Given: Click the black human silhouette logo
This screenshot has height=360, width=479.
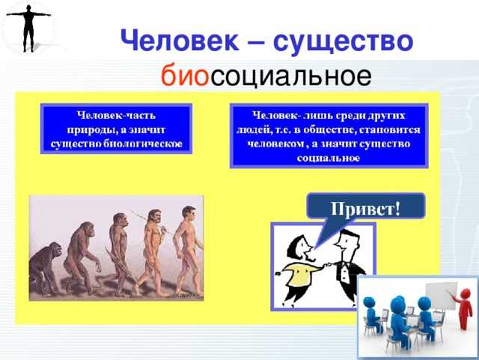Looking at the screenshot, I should tap(27, 28).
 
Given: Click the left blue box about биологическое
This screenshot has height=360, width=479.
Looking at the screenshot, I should tap(117, 129).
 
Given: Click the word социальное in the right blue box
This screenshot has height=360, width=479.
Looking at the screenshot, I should tap(328, 159).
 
